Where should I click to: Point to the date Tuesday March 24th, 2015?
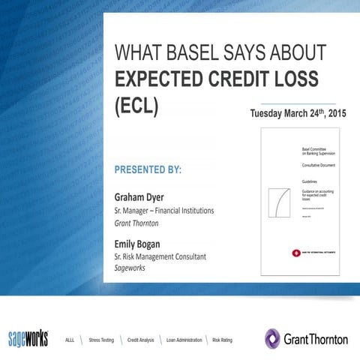(x=292, y=114)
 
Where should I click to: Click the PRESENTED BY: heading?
(x=148, y=169)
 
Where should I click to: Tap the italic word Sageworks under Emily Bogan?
(x=130, y=268)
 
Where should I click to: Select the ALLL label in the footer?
(x=71, y=340)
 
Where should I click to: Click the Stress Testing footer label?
(x=101, y=340)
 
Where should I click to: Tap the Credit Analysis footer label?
(x=140, y=340)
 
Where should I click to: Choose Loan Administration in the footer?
(x=184, y=340)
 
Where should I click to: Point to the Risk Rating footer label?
(x=223, y=340)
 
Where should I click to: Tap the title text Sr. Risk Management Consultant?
(x=154, y=256)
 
